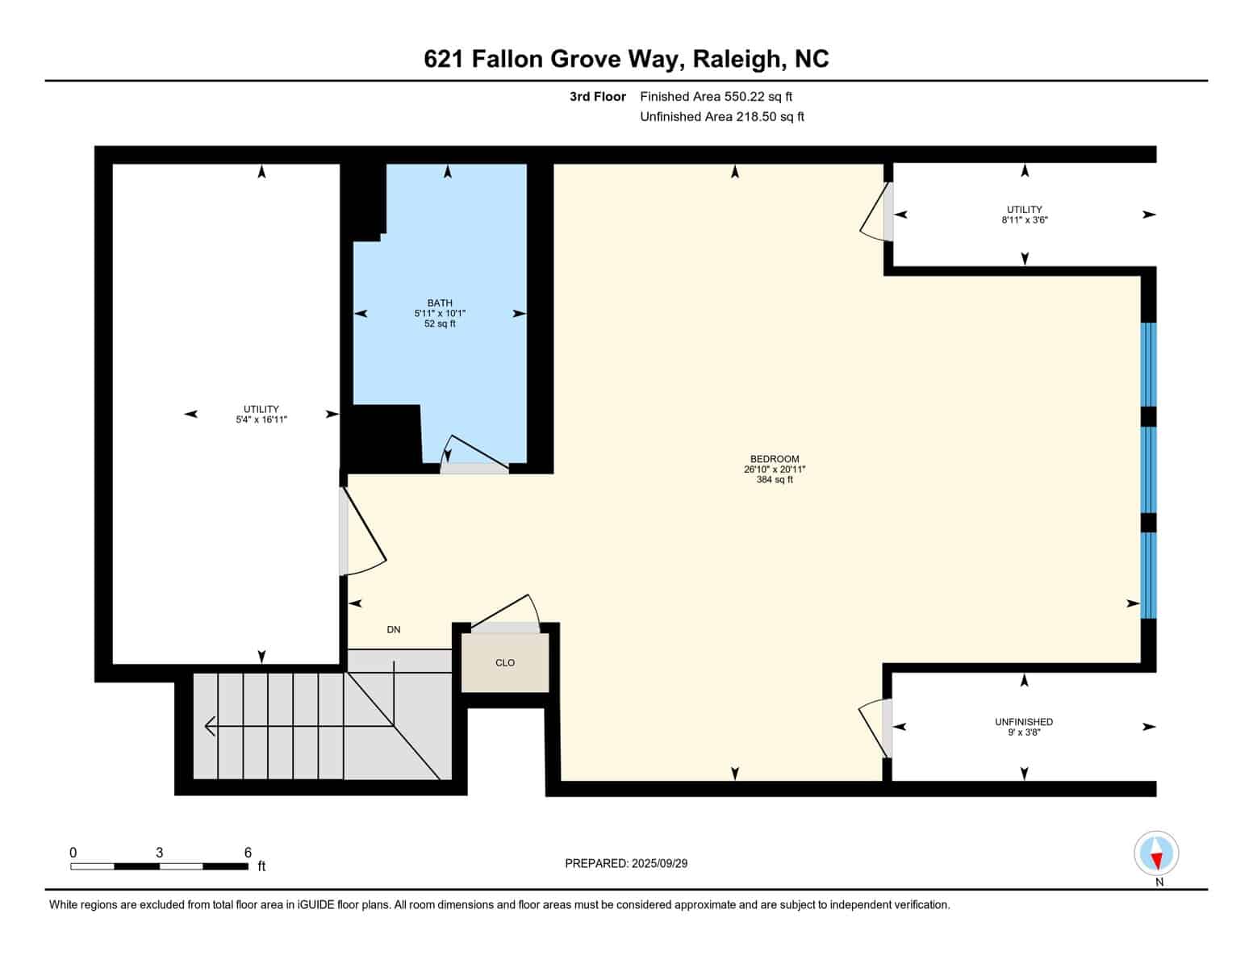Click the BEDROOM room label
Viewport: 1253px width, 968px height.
tap(775, 459)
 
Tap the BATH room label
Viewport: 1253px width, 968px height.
tap(440, 302)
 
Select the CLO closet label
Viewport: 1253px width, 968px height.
tap(504, 663)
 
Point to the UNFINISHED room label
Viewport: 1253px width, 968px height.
tap(1024, 722)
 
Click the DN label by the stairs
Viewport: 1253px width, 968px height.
tap(393, 629)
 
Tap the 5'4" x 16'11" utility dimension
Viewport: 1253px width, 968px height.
tap(261, 419)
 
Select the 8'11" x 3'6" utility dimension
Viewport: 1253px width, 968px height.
tap(1024, 219)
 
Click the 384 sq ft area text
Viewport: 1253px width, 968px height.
tap(775, 480)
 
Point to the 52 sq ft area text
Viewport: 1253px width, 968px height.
tap(440, 323)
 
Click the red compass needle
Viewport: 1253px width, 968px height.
tap(1156, 862)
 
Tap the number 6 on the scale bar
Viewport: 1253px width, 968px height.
tap(248, 852)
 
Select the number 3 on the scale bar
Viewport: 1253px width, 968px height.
tap(159, 852)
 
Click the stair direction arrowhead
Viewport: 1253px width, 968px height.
tap(210, 726)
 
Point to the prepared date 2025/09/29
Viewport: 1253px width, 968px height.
tap(660, 863)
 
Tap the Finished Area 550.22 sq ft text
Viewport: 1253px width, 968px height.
tap(716, 97)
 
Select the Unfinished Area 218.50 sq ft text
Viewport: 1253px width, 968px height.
tap(722, 116)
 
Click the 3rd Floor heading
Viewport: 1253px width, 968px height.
tap(597, 97)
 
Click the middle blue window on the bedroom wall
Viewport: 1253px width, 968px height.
tap(1149, 469)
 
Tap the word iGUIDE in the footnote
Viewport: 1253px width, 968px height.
tap(315, 904)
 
